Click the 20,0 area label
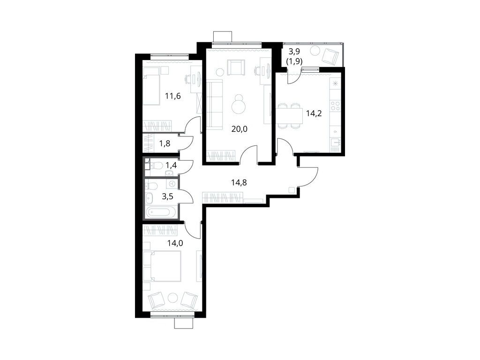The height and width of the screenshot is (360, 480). click(239, 129)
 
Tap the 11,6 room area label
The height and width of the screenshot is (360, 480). click(173, 96)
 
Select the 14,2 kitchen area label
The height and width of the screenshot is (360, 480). click(314, 114)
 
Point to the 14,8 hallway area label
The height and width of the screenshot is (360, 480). click(239, 183)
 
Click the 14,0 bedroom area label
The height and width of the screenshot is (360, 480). click(175, 243)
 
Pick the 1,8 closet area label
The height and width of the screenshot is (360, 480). click(165, 143)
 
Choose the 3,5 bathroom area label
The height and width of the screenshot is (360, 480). click(167, 196)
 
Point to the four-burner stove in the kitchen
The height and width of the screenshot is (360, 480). click(336, 106)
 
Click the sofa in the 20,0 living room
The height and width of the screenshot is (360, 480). click(214, 105)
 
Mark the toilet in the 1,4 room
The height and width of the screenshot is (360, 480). click(156, 166)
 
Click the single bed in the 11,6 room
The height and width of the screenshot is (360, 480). click(151, 87)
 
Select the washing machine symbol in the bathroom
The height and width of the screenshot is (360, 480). click(172, 184)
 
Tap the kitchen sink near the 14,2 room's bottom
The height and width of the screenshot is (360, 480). click(336, 142)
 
